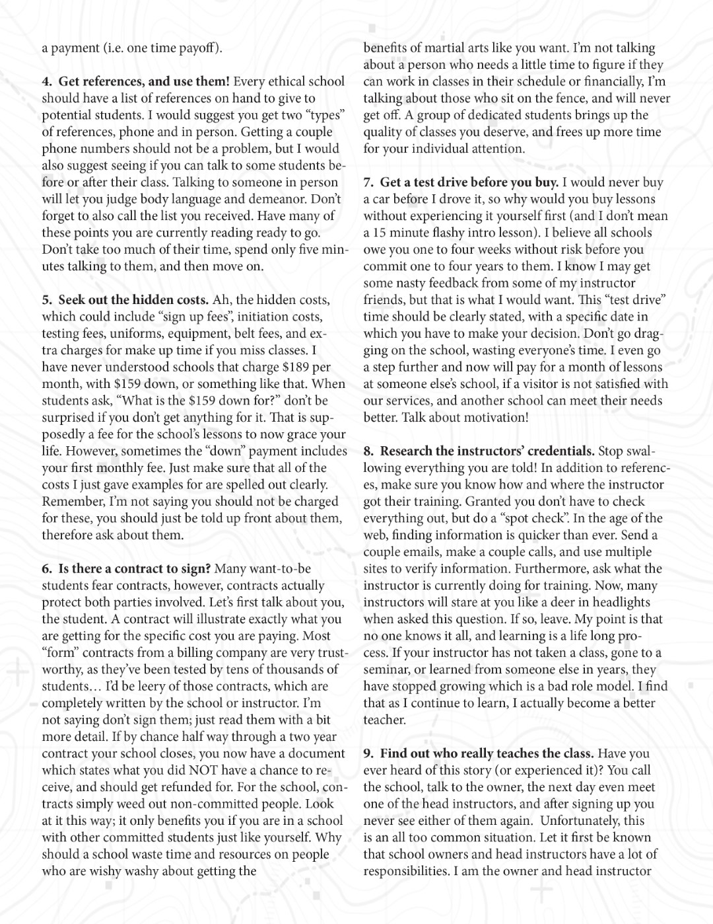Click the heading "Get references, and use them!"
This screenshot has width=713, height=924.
tap(144, 81)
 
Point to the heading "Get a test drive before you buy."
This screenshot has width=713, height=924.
tap(469, 182)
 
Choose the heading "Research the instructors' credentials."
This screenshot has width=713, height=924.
tap(487, 451)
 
